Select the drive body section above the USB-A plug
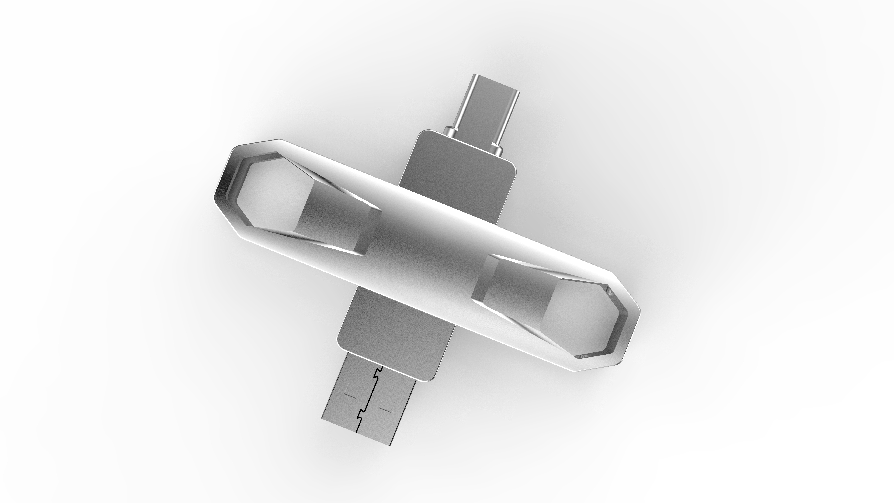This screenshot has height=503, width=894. point(396,333)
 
